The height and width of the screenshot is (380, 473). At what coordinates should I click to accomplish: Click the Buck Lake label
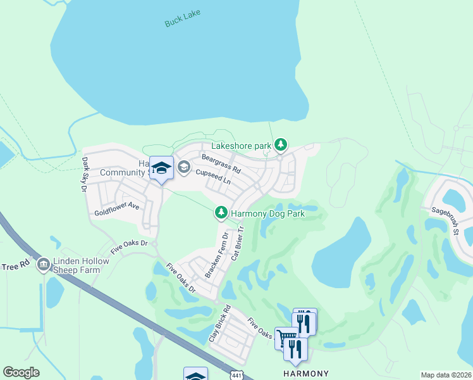coord(182,18)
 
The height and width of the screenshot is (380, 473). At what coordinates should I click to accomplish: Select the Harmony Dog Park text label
coord(267,213)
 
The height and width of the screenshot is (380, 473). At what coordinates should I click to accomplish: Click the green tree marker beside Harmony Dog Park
coord(221,213)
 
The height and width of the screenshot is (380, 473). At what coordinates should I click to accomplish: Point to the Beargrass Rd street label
coord(221,163)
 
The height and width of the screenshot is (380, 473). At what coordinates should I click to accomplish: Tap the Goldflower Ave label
coord(116,206)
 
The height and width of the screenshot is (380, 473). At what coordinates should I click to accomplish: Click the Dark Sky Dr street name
coord(84,175)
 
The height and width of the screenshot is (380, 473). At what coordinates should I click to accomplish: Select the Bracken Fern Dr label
coord(216,255)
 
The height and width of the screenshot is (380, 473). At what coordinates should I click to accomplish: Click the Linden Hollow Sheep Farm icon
coord(43,263)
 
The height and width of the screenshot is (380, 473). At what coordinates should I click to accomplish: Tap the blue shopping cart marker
coord(286,338)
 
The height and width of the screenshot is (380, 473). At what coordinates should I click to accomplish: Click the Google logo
coord(21,372)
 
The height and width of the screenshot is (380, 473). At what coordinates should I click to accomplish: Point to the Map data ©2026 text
coord(445,375)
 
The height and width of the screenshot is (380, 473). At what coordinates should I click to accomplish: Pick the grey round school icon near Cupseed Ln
coord(184,167)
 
